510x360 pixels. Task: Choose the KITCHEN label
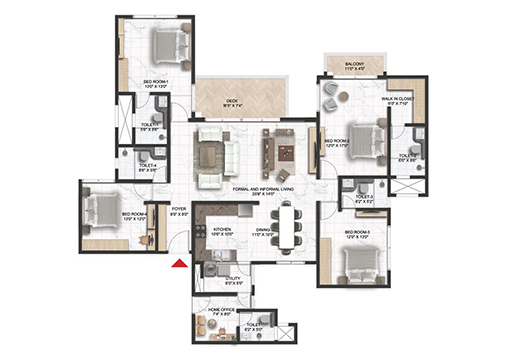[222, 231]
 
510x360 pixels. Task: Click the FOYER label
[179, 211]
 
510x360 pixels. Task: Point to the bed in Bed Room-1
[165, 46]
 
